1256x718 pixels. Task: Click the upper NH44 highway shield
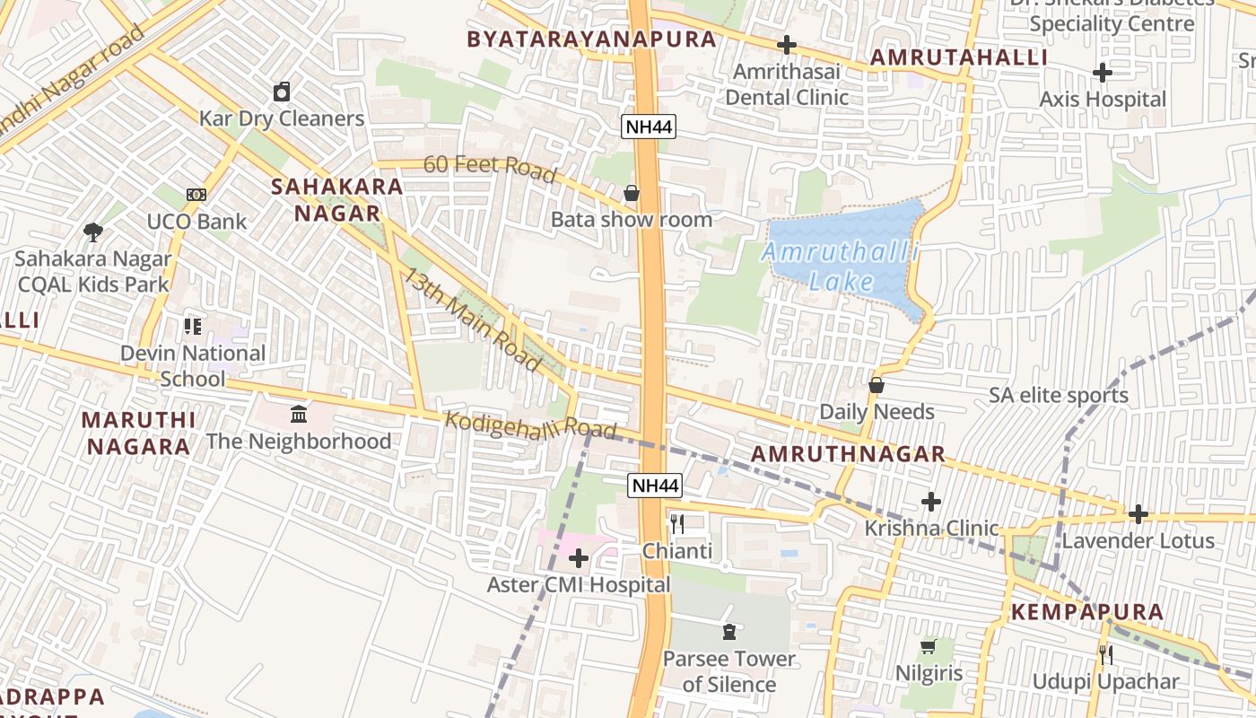click(649, 127)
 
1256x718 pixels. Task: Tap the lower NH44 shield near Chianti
click(655, 486)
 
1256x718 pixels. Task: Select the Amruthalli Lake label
click(841, 267)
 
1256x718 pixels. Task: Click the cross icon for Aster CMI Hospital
click(579, 559)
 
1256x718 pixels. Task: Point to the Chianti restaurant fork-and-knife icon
click(677, 524)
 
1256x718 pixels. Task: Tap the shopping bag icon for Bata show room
click(632, 193)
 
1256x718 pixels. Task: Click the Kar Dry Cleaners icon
click(282, 92)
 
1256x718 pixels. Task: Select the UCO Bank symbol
click(196, 195)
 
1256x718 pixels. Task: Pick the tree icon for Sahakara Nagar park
click(92, 232)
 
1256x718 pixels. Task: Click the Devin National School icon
click(193, 327)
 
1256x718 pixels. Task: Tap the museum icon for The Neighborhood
click(299, 415)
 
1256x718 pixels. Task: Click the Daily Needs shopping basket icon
click(877, 385)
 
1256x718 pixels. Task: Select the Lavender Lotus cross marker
click(1138, 514)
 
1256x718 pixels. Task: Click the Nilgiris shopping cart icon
click(929, 646)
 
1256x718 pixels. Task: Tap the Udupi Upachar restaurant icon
click(1106, 655)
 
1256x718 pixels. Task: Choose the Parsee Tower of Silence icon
click(728, 632)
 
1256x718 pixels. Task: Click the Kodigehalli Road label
click(531, 425)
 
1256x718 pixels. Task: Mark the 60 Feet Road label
click(490, 167)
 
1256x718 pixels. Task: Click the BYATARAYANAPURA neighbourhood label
click(591, 39)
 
